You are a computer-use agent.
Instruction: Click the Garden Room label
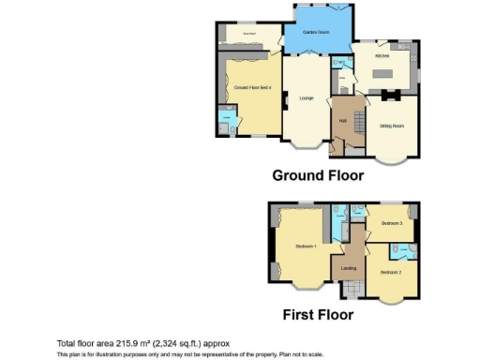click(x=316, y=32)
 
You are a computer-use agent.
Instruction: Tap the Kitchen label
click(x=382, y=56)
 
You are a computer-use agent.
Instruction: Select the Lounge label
click(x=306, y=97)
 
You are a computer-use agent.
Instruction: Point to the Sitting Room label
click(x=391, y=125)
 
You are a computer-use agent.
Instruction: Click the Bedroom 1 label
click(x=306, y=247)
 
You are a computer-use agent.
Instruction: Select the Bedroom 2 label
click(x=391, y=272)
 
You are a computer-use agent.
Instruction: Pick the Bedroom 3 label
click(x=393, y=223)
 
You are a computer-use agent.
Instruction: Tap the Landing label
click(x=349, y=270)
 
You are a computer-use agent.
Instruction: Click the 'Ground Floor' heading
click(x=318, y=175)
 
